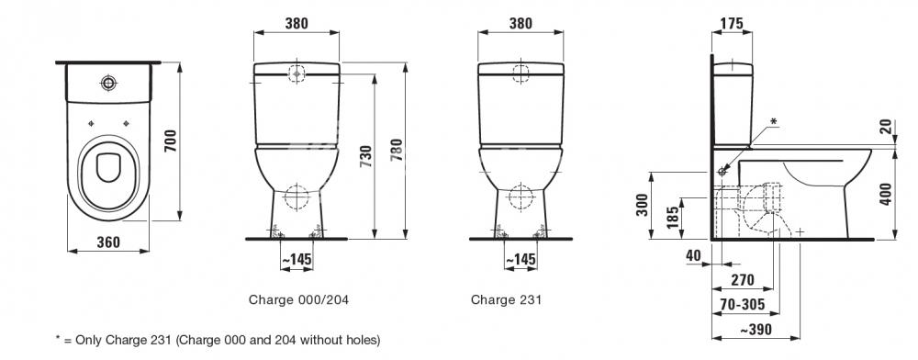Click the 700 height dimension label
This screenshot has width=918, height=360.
[171, 141]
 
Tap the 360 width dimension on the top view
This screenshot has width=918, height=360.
[108, 242]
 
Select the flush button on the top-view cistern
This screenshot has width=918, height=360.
[108, 83]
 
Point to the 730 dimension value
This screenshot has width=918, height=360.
[365, 157]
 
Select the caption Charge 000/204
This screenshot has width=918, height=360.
[298, 299]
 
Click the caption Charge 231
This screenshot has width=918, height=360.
[507, 299]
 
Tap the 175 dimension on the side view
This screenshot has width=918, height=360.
[732, 23]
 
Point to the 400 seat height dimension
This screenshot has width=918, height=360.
[887, 194]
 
